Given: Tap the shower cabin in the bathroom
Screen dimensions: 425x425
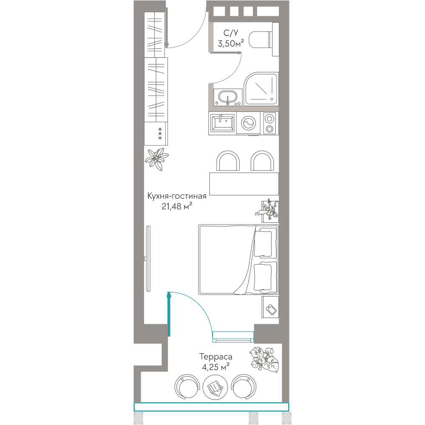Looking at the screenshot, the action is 261,89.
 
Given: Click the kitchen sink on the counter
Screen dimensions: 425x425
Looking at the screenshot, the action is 222,123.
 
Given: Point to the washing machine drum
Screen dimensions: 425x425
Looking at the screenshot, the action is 248,123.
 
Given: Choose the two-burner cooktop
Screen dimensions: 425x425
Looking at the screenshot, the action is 269,123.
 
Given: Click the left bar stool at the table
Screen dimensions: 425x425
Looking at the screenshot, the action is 228,161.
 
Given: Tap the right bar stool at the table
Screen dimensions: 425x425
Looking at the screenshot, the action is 262,161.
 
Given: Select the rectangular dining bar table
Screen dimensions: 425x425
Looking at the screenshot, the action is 244,184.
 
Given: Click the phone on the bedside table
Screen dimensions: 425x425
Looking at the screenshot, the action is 271,310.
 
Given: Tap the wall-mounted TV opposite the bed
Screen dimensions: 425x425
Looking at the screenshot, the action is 148,258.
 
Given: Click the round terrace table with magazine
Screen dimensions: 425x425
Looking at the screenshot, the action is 215,387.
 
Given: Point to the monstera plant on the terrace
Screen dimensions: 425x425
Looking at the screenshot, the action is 264,360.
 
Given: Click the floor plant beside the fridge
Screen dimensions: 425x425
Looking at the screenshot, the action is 157,159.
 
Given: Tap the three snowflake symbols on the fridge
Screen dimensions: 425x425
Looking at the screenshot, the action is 160,133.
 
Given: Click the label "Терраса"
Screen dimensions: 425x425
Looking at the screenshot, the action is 215,357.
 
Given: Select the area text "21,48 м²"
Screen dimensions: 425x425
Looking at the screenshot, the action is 177,206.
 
